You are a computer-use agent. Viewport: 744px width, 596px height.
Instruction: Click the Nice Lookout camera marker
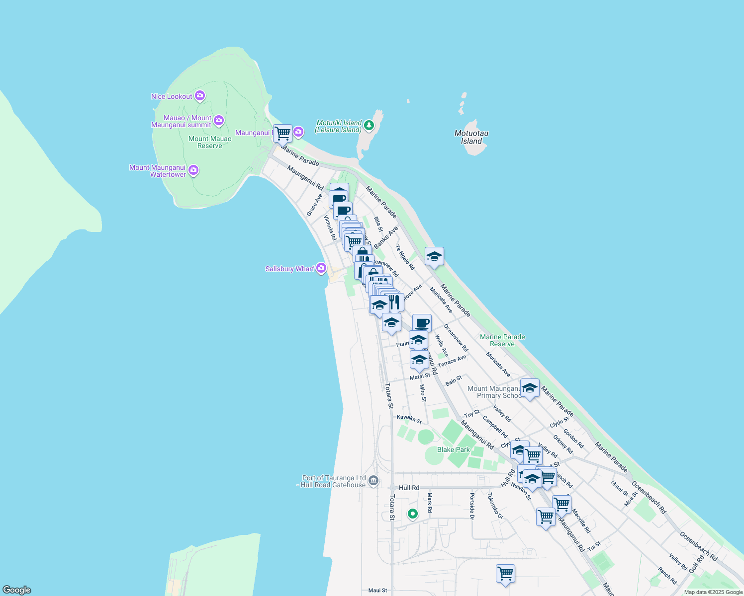pos(199,96)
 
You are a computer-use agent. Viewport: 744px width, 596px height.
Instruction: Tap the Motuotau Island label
pos(471,137)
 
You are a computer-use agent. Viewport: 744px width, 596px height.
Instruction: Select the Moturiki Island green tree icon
pos(369,125)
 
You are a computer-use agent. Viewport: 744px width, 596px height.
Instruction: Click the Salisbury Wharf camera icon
pos(321,268)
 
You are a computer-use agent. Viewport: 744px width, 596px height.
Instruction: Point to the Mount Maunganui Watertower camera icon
pos(193,170)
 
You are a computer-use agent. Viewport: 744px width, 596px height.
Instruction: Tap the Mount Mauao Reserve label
pos(210,142)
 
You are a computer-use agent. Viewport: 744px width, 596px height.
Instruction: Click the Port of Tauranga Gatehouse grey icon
pos(373,481)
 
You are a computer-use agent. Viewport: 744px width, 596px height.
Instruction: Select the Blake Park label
pos(453,449)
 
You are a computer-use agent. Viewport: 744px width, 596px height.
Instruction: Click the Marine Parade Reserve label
pos(502,340)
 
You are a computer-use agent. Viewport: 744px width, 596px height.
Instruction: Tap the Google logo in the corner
pos(16,590)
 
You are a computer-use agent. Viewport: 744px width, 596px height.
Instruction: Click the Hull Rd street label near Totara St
pos(409,488)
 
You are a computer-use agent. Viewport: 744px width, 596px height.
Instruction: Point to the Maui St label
pos(377,591)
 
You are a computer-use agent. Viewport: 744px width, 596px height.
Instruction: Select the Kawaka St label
pos(409,419)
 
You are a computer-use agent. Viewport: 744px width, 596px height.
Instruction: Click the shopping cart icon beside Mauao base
pos(282,133)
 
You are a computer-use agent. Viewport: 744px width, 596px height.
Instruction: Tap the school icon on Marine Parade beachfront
pos(434,256)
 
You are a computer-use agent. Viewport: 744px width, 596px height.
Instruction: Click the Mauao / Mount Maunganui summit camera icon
pos(218,121)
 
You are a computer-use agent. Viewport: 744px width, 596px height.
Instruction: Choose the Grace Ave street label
pos(314,205)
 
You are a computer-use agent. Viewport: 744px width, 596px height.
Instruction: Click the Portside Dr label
pos(472,506)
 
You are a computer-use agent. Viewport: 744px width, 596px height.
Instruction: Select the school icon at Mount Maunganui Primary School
pos(530,388)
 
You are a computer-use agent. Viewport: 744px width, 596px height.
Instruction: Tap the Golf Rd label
pos(696,564)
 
